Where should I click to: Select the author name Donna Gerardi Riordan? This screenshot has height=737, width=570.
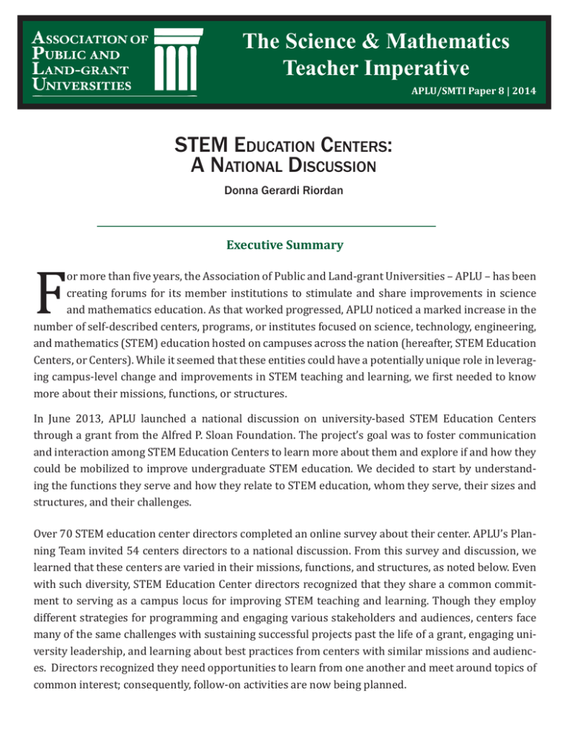pos(286,190)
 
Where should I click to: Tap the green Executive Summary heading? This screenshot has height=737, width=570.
pos(284,243)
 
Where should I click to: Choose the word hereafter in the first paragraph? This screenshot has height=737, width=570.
pos(431,345)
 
